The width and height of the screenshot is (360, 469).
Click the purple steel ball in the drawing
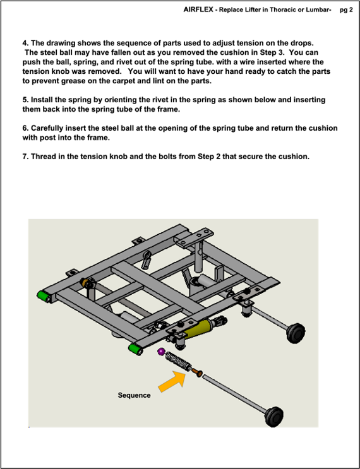point(161,352)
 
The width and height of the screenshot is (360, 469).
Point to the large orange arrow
point(172,381)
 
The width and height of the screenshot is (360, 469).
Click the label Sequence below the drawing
point(134,395)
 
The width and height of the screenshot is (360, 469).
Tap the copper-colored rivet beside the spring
point(197,372)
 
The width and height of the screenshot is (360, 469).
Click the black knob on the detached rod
point(274,416)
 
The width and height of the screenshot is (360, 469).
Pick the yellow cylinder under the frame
point(200,328)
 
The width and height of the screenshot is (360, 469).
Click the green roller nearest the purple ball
point(136,349)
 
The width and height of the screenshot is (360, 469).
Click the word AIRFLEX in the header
point(198,9)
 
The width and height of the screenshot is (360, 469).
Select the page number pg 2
point(346,10)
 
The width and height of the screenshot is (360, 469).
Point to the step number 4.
point(25,43)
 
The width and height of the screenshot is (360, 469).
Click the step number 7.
point(25,157)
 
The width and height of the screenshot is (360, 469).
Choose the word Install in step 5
point(42,100)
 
